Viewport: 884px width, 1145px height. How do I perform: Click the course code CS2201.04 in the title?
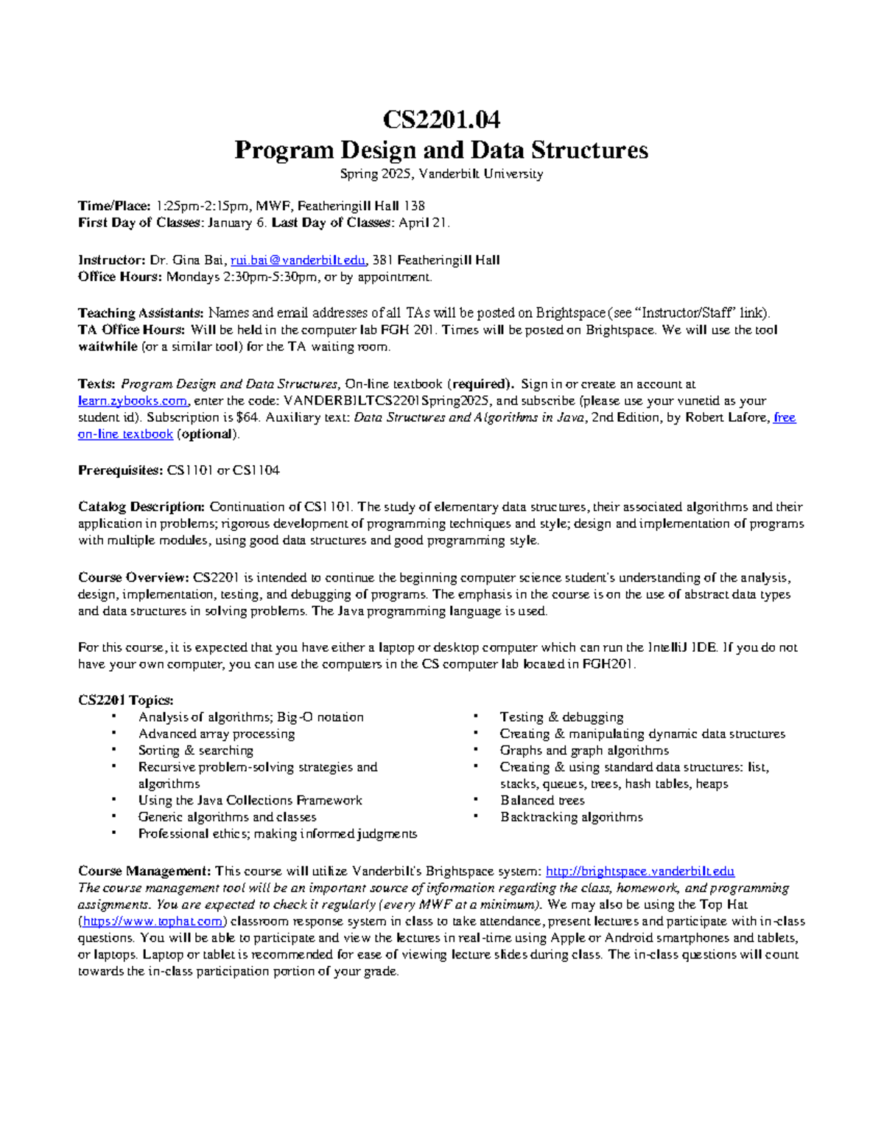(441, 119)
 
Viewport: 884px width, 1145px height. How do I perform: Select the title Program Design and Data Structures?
(441, 150)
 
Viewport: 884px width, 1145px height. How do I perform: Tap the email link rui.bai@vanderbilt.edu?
(298, 260)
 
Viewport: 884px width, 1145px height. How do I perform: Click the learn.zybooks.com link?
(133, 401)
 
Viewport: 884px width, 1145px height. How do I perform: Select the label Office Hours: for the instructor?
(119, 277)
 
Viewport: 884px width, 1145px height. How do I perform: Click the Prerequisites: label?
(120, 470)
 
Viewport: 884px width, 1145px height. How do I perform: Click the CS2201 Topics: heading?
(125, 700)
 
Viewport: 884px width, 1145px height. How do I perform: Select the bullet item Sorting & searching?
(195, 751)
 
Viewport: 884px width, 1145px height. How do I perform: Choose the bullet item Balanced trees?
(542, 801)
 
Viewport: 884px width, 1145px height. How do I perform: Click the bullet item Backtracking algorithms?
(571, 817)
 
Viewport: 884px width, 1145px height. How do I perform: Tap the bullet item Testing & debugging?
(561, 717)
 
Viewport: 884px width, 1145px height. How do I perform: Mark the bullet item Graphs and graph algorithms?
(584, 751)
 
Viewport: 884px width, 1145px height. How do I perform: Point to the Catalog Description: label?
(141, 507)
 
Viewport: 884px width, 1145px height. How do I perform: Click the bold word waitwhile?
(108, 347)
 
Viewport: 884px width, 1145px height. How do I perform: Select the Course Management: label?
(144, 871)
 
